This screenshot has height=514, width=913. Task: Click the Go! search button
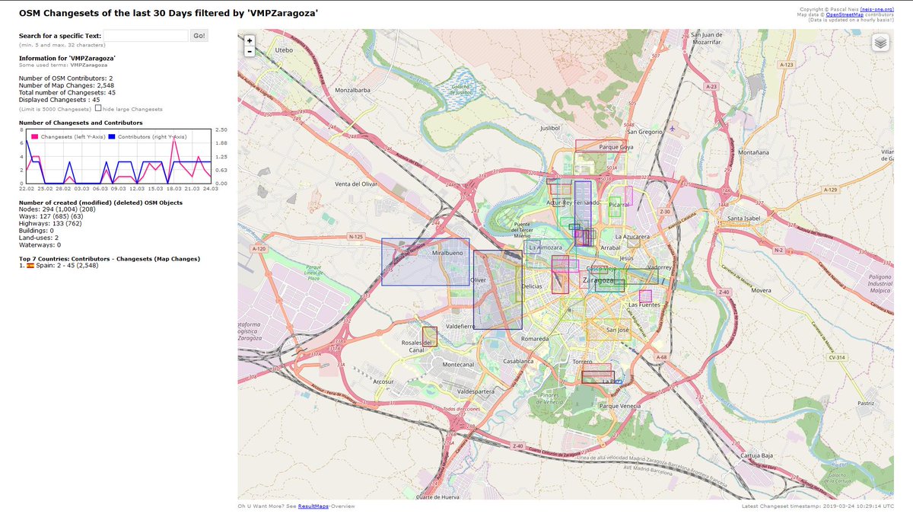click(x=199, y=36)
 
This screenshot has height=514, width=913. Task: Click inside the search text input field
click(x=145, y=36)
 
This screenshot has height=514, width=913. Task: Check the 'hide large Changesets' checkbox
click(x=98, y=108)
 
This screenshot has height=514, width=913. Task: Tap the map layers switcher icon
click(x=880, y=43)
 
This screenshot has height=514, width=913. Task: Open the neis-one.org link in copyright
click(x=883, y=8)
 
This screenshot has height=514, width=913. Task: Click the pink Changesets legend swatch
click(x=34, y=136)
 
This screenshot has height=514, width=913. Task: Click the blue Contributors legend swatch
click(x=111, y=136)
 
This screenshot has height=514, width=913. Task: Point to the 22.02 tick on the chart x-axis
click(x=27, y=188)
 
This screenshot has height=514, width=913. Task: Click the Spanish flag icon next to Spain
click(x=30, y=267)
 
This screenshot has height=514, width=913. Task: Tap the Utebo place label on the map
click(x=284, y=50)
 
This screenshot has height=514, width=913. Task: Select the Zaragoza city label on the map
click(x=597, y=280)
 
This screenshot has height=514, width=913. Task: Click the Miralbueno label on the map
click(x=447, y=252)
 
